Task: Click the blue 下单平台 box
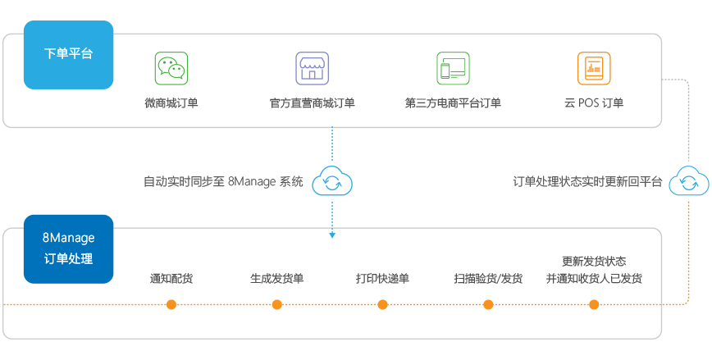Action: point(68,55)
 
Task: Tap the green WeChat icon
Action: point(171,68)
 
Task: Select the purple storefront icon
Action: point(312,68)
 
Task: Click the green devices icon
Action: point(453,68)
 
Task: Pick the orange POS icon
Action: point(593,68)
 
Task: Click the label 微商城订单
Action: point(171,103)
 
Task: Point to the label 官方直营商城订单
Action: point(312,103)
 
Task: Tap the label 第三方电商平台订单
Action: point(453,103)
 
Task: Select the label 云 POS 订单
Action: point(593,103)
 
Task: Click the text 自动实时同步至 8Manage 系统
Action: point(223,181)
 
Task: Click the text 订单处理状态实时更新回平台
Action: point(587,181)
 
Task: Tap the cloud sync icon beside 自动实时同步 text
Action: point(333,182)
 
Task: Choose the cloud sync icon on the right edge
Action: point(687,181)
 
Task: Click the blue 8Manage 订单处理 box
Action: point(68,248)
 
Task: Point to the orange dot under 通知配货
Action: point(171,305)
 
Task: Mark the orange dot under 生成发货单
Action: point(277,305)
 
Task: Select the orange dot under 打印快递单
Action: point(382,305)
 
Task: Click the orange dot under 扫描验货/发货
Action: point(488,305)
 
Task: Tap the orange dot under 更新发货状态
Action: point(594,305)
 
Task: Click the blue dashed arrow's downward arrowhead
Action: point(332,236)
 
